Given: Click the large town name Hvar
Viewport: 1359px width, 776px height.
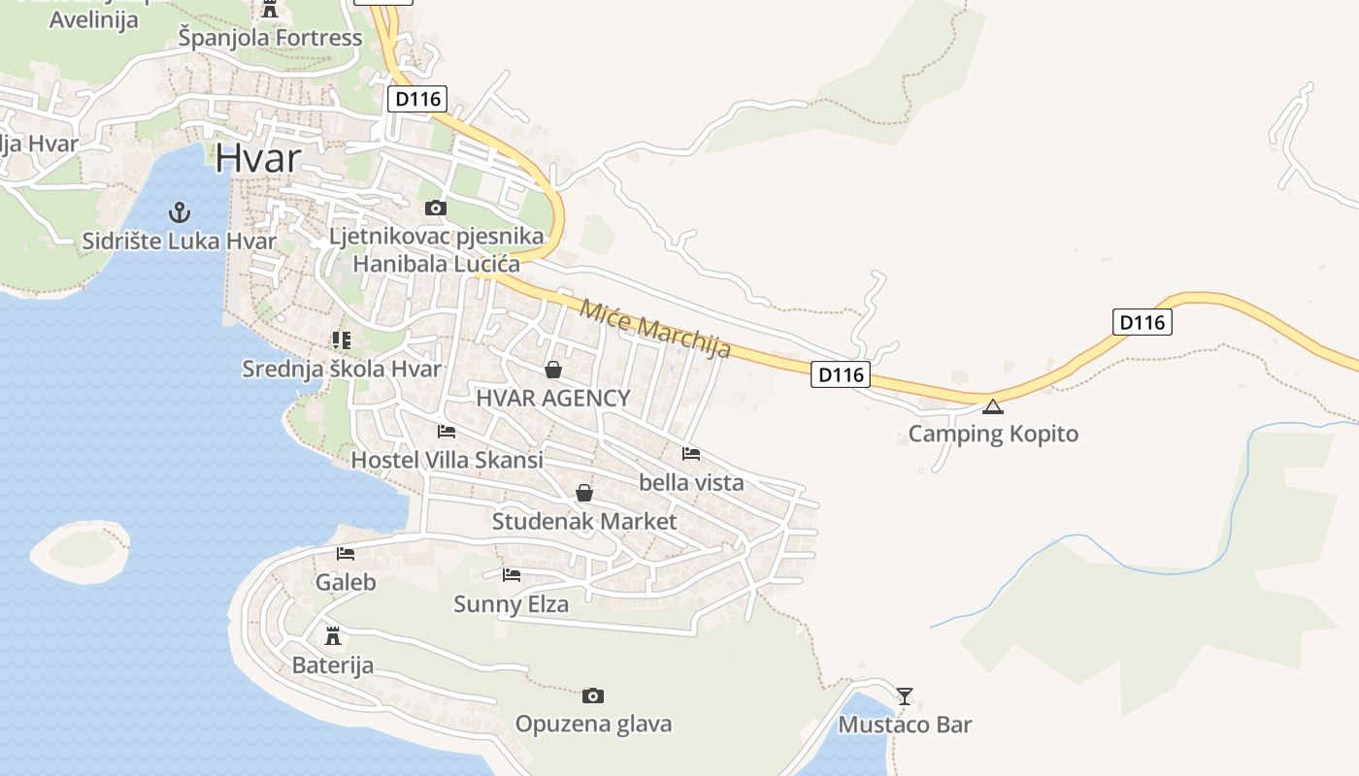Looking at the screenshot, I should (257, 158).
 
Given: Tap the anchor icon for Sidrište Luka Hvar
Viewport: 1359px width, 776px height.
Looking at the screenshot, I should (179, 211).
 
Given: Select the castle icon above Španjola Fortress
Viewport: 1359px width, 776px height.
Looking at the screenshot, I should (270, 9).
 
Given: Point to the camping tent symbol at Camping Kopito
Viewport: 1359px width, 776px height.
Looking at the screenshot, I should (992, 406).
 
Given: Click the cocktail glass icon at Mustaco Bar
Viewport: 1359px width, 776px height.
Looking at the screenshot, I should (905, 695).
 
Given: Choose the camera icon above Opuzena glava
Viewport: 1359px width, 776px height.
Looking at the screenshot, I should (593, 695).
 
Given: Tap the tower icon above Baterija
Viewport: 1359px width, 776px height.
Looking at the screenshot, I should (333, 636).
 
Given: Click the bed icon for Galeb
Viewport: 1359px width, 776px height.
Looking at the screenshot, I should (346, 554).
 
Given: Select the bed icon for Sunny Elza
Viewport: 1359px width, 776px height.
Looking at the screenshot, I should (512, 575).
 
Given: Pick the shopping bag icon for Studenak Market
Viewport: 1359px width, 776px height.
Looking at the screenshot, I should (584, 493).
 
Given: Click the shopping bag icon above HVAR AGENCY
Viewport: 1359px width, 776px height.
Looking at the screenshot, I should (553, 370).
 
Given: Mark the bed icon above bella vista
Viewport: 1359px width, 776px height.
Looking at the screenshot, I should (691, 453).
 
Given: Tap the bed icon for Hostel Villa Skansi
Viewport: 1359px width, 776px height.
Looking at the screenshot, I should (447, 431).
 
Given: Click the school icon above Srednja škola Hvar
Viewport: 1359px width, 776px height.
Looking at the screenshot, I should (341, 339).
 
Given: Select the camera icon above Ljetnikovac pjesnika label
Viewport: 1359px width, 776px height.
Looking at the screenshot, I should (436, 208).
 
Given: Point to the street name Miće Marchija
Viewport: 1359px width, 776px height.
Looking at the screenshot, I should (655, 329).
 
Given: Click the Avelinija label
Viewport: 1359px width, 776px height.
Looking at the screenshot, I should (93, 19).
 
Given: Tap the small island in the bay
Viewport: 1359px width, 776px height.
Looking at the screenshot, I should (81, 553).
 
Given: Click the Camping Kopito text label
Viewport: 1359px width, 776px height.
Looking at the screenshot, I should (993, 434).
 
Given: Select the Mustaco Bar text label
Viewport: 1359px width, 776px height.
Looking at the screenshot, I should (905, 725).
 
